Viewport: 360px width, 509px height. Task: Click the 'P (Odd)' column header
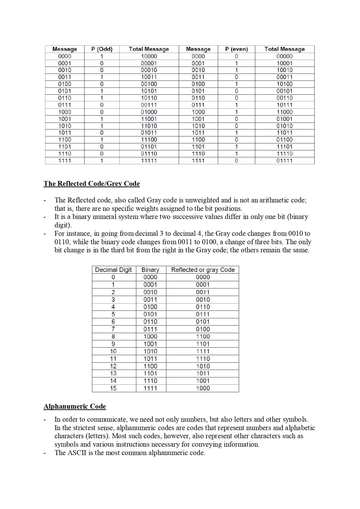[102, 49]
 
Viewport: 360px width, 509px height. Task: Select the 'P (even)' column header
[236, 49]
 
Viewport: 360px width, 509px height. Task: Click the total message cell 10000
[149, 56]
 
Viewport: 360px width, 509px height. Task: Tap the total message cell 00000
[285, 56]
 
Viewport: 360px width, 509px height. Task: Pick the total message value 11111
[149, 161]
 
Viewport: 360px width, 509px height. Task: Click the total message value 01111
[285, 161]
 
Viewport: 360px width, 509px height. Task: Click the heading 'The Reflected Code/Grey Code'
[92, 184]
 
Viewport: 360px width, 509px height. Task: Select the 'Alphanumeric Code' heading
[75, 406]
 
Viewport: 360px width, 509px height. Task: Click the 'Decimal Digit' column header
[113, 270]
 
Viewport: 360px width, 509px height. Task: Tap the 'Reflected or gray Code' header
[203, 270]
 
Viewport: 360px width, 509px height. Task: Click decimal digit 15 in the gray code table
[113, 388]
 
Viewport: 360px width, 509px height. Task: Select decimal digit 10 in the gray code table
[113, 351]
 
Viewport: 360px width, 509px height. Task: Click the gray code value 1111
[203, 351]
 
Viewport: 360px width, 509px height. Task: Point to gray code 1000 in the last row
[203, 388]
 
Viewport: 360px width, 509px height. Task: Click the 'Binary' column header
[150, 270]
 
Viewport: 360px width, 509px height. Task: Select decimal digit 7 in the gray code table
[113, 329]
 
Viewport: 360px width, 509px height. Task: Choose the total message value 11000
[285, 112]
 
